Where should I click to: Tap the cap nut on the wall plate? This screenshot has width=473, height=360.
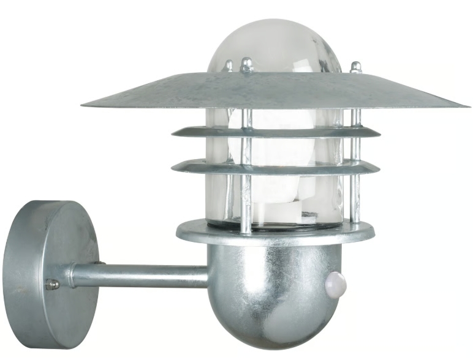(53, 284)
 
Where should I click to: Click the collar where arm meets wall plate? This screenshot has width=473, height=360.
(73, 275)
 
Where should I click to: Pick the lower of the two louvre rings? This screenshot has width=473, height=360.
(276, 167)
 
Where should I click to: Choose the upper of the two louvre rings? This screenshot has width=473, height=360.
(276, 132)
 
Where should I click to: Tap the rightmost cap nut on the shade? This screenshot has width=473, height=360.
(355, 67)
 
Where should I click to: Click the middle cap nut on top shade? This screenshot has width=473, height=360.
(246, 64)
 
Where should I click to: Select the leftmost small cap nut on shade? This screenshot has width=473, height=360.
(228, 66)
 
